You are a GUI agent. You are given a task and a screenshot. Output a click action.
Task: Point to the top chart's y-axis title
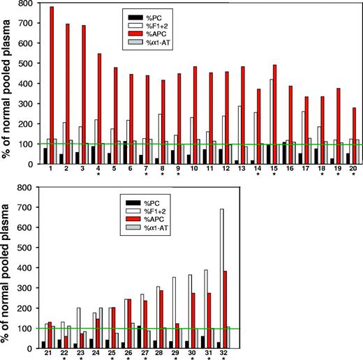point(8,84)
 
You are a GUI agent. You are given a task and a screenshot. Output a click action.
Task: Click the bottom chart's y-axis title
point(8,267)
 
